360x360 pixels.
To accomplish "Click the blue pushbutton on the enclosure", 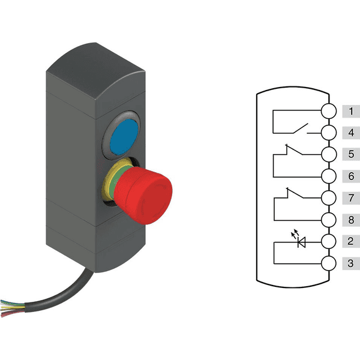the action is [124, 137].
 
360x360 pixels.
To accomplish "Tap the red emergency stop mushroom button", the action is [143, 196].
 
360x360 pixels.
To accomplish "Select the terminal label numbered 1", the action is [351, 112].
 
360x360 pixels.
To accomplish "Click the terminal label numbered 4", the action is [351, 133].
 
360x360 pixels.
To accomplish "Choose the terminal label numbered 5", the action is [351, 154].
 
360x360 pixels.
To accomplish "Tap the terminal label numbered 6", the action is [351, 176].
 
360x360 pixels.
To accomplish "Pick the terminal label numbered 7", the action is [351, 198].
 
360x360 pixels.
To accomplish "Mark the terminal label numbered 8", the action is [351, 220].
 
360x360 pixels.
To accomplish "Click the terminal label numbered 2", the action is [351, 241].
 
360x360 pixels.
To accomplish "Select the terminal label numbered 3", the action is [351, 263].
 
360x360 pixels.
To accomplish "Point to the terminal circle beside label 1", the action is [329, 112].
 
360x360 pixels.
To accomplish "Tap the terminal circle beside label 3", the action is [329, 263].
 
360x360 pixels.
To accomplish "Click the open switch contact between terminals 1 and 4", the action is [301, 128].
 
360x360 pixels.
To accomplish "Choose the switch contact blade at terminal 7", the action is [295, 193].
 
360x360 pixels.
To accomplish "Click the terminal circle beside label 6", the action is [329, 176].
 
